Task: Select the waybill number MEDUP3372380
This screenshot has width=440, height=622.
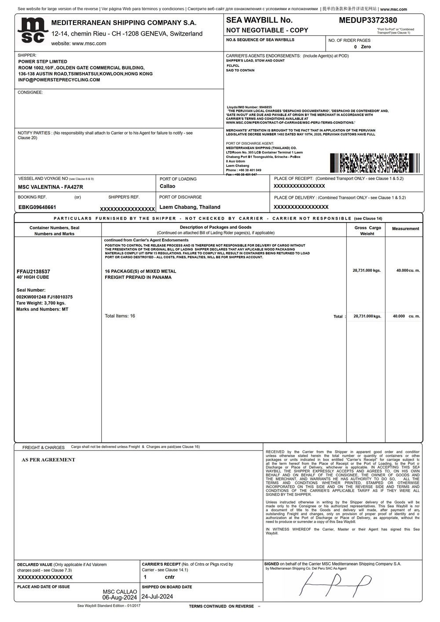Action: [x=368, y=20]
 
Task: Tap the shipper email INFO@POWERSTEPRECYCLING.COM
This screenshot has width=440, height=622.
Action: [x=59, y=80]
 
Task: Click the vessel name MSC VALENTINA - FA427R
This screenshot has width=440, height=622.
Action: [x=51, y=187]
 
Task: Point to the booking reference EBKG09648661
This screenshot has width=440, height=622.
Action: [x=37, y=207]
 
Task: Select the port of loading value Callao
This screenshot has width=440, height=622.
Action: [x=167, y=186]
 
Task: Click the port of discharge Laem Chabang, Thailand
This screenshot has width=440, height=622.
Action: [x=190, y=207]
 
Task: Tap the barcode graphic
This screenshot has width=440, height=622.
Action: [x=375, y=162]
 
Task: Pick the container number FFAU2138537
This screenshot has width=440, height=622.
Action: [x=33, y=271]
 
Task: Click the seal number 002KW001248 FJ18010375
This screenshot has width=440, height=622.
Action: [x=44, y=297]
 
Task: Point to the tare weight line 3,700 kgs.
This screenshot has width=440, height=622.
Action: [x=41, y=303]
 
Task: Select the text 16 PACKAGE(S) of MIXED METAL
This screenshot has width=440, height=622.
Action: [x=140, y=271]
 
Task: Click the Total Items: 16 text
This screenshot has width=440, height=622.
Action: [x=120, y=316]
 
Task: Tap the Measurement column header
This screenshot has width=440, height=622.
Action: [x=405, y=229]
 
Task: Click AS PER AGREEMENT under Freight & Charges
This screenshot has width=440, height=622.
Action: [x=48, y=460]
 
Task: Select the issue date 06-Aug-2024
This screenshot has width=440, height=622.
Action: [x=120, y=598]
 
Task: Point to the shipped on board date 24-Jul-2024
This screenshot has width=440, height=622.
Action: [x=157, y=596]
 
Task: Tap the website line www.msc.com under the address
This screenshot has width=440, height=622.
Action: [x=78, y=44]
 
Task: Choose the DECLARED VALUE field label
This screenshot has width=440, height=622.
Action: [x=35, y=564]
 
